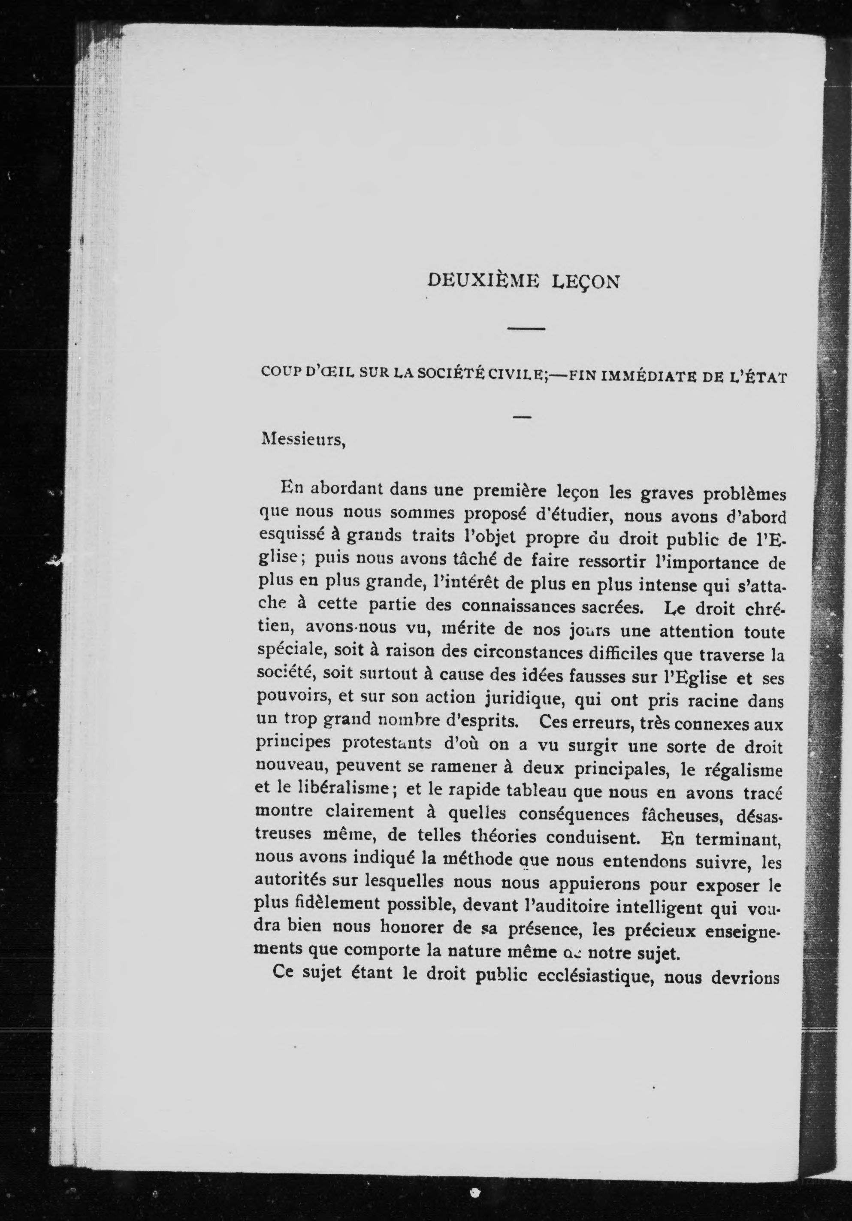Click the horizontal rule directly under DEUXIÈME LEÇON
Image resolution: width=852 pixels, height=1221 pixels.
tap(526, 329)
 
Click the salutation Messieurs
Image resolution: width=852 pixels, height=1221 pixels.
tap(303, 440)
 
